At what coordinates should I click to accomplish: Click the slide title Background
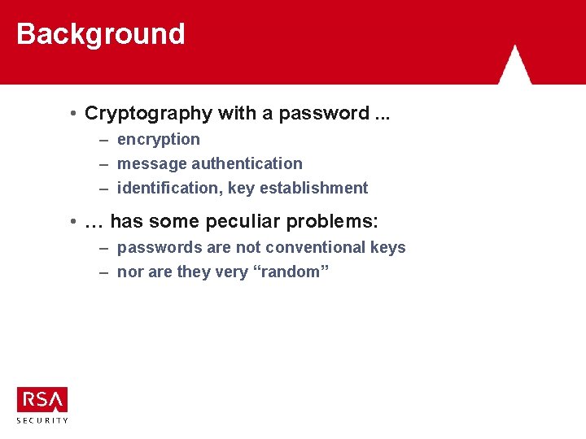(101, 34)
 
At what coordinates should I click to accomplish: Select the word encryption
(159, 140)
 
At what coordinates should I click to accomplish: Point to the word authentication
(247, 164)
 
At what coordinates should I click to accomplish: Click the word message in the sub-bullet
(152, 164)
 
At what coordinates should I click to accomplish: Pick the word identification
(165, 189)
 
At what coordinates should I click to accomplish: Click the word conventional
(309, 248)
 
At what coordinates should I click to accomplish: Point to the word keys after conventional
(387, 248)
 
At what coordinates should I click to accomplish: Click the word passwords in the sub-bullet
(156, 248)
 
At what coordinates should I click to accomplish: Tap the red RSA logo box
(42, 400)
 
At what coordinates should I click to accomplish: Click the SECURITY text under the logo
(42, 419)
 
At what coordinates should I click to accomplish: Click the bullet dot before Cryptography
(73, 114)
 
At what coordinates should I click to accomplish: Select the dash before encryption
(104, 140)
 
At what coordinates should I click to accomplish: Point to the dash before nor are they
(104, 272)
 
